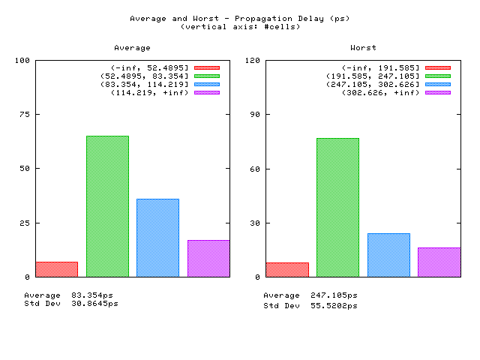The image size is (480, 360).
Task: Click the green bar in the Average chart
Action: click(107, 206)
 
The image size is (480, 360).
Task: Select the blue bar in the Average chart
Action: click(158, 238)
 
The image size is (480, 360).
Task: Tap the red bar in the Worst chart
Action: click(287, 270)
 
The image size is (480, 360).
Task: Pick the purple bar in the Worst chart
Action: click(439, 262)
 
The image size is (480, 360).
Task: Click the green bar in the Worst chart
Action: click(338, 208)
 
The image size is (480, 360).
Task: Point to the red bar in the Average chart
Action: click(57, 269)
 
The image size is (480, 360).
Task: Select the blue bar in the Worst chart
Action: click(388, 255)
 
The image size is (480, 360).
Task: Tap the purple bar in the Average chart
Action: click(208, 259)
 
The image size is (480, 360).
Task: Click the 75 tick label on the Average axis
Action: click(25, 114)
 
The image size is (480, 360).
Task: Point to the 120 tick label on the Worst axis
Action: click(252, 60)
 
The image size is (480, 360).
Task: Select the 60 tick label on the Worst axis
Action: click(255, 169)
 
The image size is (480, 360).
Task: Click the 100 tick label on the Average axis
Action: click(22, 60)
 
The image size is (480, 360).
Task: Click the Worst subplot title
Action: click(363, 48)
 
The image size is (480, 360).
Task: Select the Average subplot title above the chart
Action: click(132, 48)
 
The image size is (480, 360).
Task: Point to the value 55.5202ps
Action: click(334, 305)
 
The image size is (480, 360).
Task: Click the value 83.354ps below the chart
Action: click(92, 295)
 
